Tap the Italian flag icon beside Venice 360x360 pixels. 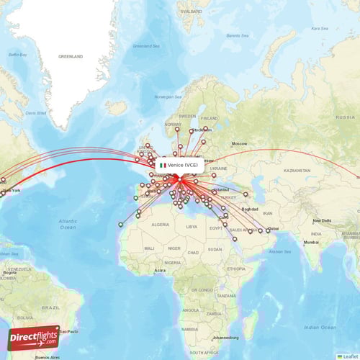coord(163,165)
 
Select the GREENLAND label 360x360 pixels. coord(71,56)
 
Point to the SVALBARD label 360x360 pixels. coord(191,12)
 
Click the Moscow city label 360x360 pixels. coord(239,143)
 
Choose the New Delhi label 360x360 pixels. coord(321,220)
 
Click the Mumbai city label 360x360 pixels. coord(310,242)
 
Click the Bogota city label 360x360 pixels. coord(9,273)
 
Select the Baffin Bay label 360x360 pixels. coord(17,54)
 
